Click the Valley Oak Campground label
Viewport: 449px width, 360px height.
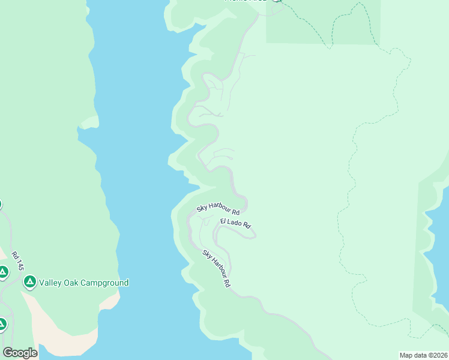(x=83, y=283)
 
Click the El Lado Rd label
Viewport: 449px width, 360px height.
(x=235, y=223)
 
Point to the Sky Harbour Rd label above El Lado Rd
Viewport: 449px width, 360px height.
(x=218, y=210)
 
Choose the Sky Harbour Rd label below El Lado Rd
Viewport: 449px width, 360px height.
(x=217, y=268)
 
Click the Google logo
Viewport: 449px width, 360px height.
(x=20, y=353)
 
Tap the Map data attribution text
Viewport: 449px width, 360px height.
(x=423, y=355)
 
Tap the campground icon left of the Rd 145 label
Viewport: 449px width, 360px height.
(x=3, y=273)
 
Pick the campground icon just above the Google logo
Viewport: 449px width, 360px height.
(x=2, y=325)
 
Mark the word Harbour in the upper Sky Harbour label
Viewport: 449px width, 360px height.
(x=218, y=209)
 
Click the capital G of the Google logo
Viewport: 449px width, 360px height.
(x=8, y=353)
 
